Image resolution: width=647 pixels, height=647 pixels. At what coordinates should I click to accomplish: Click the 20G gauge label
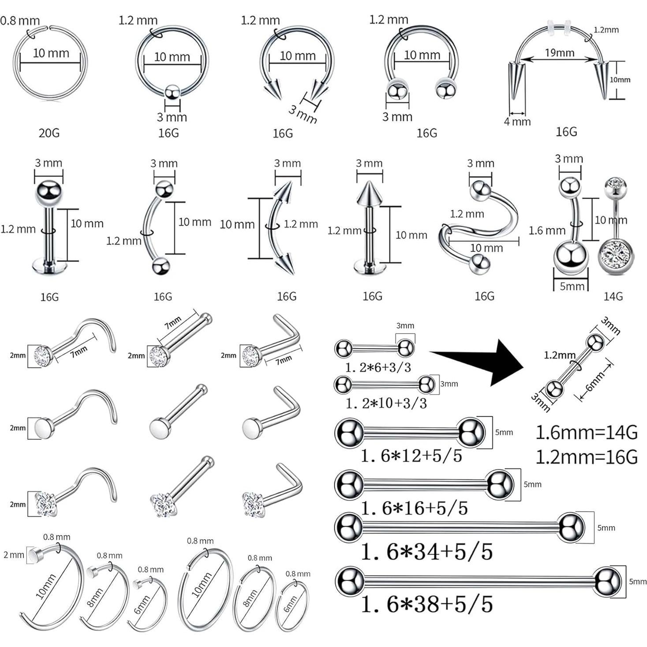[49, 133]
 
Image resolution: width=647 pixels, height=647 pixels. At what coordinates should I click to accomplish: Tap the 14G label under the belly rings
[613, 296]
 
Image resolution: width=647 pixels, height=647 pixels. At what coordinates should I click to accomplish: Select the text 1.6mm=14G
[586, 433]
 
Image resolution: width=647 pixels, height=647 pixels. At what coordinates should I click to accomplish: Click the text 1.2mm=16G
[586, 457]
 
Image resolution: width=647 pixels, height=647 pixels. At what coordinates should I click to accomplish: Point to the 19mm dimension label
[559, 53]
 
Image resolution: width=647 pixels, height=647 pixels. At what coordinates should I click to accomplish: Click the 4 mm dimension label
[517, 122]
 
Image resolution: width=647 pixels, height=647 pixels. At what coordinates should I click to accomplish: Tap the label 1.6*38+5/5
[426, 604]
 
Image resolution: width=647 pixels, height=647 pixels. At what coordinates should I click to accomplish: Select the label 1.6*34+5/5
[426, 552]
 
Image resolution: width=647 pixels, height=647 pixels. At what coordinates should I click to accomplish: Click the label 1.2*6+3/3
[378, 367]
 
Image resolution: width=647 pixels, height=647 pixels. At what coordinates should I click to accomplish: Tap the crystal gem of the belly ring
[616, 257]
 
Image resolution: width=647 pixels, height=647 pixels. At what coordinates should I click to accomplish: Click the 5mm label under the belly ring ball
[572, 286]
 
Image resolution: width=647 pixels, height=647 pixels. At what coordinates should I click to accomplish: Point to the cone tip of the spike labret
[370, 193]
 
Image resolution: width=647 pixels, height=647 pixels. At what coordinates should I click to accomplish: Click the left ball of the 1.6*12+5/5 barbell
[349, 433]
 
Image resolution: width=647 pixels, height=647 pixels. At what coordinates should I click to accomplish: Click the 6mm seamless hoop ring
[292, 606]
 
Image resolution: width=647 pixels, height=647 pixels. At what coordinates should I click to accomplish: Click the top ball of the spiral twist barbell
[480, 190]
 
